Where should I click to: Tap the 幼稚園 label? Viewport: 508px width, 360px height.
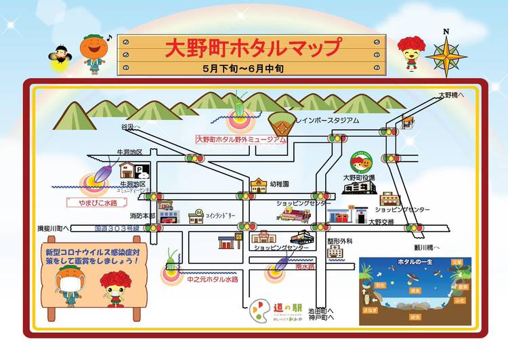[279, 184]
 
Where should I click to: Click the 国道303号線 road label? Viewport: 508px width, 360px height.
[116, 228]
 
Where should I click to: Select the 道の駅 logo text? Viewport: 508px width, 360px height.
[282, 304]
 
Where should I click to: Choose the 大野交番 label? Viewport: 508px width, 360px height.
[381, 222]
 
